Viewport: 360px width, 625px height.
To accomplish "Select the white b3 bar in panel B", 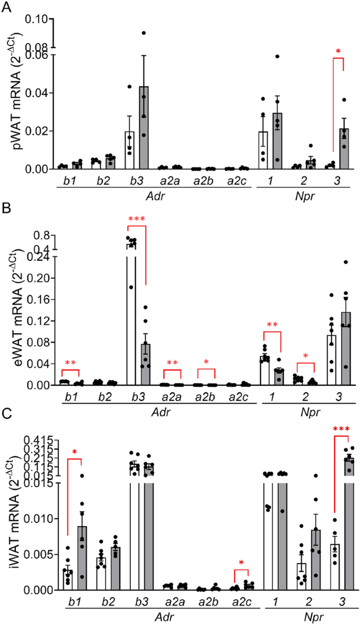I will (x=131, y=315).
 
